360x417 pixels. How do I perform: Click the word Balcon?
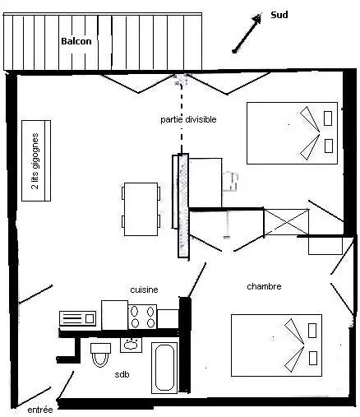[76, 41]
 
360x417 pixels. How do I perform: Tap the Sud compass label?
[279, 15]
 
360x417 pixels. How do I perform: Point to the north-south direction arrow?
[247, 33]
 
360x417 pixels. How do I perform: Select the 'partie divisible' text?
[188, 119]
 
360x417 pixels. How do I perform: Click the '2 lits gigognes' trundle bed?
[36, 160]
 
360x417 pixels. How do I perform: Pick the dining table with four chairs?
[141, 209]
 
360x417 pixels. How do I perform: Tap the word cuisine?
[144, 290]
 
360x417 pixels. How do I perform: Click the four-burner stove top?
[142, 317]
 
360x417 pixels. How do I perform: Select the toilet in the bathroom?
[100, 354]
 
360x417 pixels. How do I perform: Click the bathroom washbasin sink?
[131, 345]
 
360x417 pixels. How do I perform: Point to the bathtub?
[164, 368]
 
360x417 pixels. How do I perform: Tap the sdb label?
[122, 374]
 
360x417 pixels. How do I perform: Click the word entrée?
[40, 410]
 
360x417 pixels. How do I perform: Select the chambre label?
[264, 286]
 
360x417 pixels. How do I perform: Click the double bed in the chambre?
[276, 345]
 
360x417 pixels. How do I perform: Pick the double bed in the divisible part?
[292, 133]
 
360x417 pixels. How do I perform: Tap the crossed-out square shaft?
[286, 222]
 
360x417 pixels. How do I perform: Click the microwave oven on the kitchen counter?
[78, 318]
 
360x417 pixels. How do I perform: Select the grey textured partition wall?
[183, 206]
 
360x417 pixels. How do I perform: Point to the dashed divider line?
[181, 118]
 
